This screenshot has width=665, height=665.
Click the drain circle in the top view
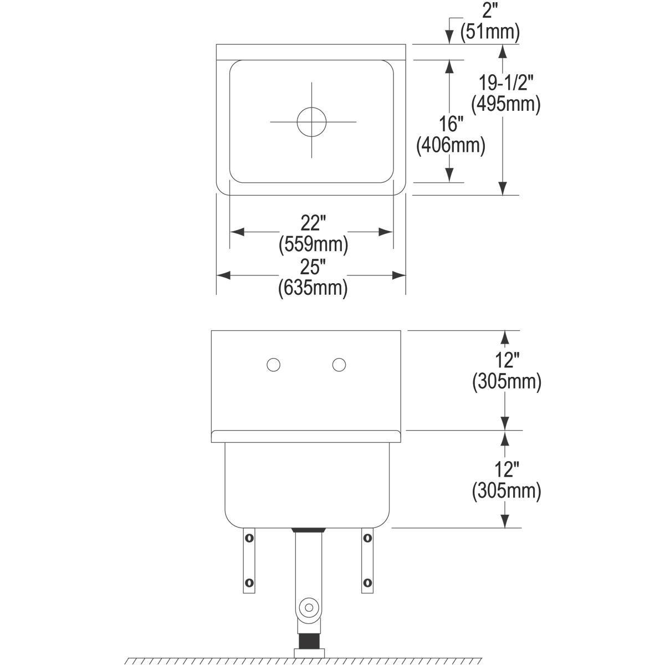(311, 121)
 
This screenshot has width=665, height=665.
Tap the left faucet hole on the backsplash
(273, 365)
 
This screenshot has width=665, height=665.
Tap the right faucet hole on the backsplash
(340, 365)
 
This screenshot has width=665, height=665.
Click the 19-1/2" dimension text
(505, 83)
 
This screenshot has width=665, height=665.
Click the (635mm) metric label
(313, 288)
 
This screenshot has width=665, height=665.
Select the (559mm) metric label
(313, 243)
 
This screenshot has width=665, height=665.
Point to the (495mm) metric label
(505, 104)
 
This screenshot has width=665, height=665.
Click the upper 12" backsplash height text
(506, 361)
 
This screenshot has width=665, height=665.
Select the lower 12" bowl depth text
(506, 470)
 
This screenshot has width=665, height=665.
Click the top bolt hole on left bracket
(249, 537)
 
